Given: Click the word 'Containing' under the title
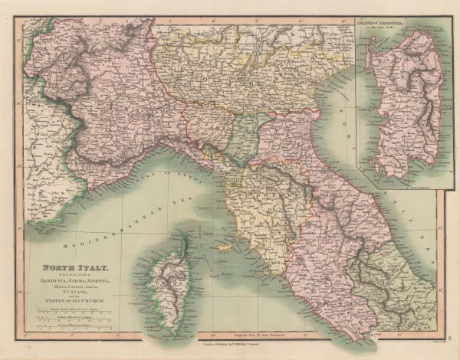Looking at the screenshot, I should coord(64,275).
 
